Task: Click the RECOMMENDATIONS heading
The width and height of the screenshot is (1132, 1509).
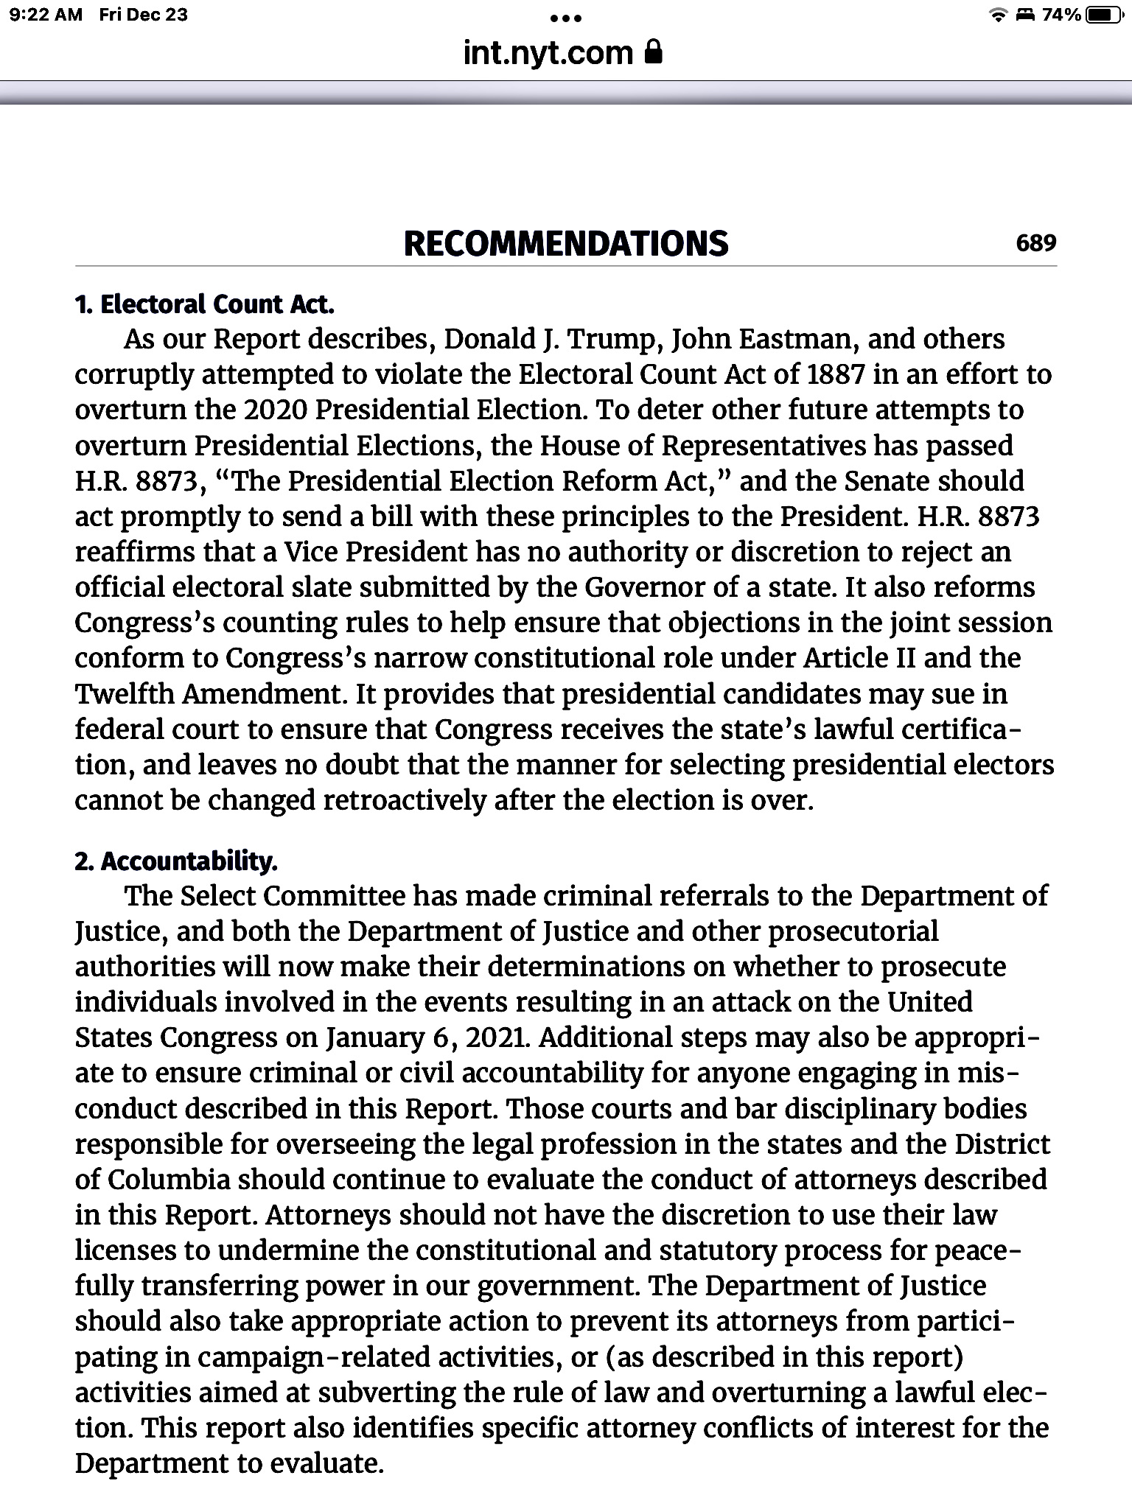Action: (x=566, y=244)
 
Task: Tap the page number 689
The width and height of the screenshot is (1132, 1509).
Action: (x=1035, y=243)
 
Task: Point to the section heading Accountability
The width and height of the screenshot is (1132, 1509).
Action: (x=177, y=861)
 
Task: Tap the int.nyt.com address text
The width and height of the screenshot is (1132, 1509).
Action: (x=548, y=53)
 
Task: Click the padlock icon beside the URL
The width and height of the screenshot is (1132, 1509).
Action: (x=653, y=52)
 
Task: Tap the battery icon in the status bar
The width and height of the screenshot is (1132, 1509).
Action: (x=1104, y=15)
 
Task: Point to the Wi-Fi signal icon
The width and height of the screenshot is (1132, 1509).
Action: (x=999, y=15)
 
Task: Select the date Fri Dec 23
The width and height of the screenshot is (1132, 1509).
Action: (x=144, y=15)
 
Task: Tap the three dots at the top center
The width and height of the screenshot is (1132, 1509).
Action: (x=566, y=18)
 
